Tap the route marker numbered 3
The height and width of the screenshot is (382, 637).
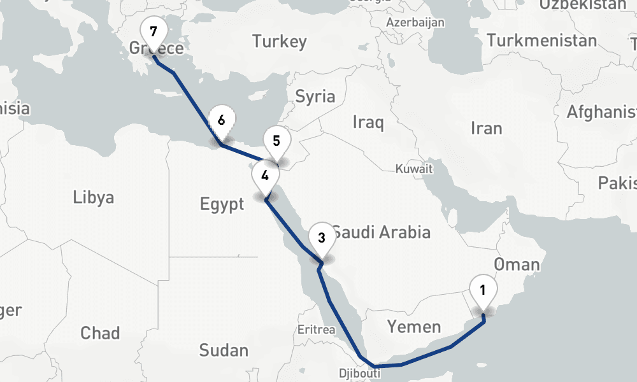pos(322,239)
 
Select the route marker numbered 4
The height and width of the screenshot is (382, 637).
pos(265,176)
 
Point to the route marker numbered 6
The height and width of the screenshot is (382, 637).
pos(221,120)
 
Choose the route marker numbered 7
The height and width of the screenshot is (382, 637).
pos(152,32)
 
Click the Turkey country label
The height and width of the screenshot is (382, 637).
pos(279,42)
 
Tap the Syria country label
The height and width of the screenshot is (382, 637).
pos(315,96)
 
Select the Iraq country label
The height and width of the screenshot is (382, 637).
pos(368,122)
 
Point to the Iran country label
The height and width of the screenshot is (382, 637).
pos(486,128)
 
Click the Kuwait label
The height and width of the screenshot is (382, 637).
pos(414,169)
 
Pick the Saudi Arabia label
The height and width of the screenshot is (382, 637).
pos(381,232)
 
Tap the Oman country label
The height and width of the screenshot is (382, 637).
pos(517,264)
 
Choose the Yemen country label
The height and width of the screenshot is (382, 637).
pos(414,327)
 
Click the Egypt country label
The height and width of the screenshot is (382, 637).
pos(222,204)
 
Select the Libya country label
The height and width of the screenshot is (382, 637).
pos(94,197)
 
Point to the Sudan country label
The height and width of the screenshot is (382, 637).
pos(224,350)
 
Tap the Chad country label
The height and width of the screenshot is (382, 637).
pos(100,332)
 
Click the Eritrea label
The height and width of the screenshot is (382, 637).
pos(316,330)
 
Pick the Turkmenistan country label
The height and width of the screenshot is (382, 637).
pos(542,41)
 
